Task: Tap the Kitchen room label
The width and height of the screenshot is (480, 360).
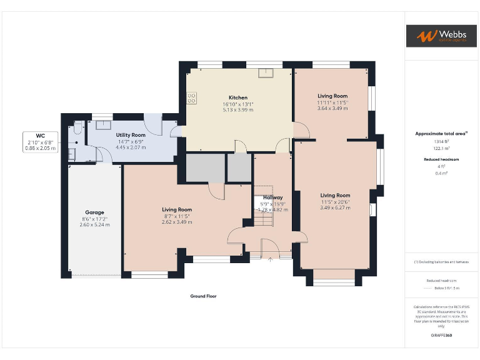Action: point(238,97)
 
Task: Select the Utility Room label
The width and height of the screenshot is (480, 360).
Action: point(131,135)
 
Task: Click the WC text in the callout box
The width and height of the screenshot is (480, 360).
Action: point(40,135)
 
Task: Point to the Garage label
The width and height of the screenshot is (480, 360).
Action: point(94,212)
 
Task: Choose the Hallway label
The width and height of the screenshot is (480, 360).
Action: point(272,197)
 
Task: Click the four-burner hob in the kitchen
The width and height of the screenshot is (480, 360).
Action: point(191,98)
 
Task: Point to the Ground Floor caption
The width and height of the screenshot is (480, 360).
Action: point(204,296)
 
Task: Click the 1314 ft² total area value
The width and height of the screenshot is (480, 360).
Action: point(441,141)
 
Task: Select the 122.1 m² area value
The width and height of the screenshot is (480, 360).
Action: point(441,148)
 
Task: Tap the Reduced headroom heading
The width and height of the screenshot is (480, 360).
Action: point(441,159)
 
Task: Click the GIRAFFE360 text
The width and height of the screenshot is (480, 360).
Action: point(441,336)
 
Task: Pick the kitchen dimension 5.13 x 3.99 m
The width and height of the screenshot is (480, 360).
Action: point(238,110)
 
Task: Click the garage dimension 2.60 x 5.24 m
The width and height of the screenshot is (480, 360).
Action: point(94,224)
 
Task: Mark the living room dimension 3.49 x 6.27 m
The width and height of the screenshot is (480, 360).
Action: point(335,207)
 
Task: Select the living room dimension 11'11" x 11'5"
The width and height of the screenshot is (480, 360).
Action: point(332,102)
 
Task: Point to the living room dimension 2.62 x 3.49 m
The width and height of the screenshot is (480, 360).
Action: point(177,222)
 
